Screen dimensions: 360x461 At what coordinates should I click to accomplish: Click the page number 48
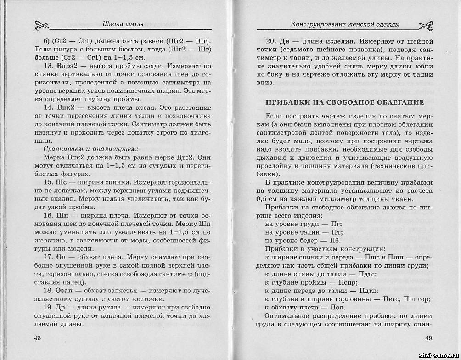[38, 338]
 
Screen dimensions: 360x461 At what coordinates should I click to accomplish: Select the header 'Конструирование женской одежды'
[345, 24]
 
